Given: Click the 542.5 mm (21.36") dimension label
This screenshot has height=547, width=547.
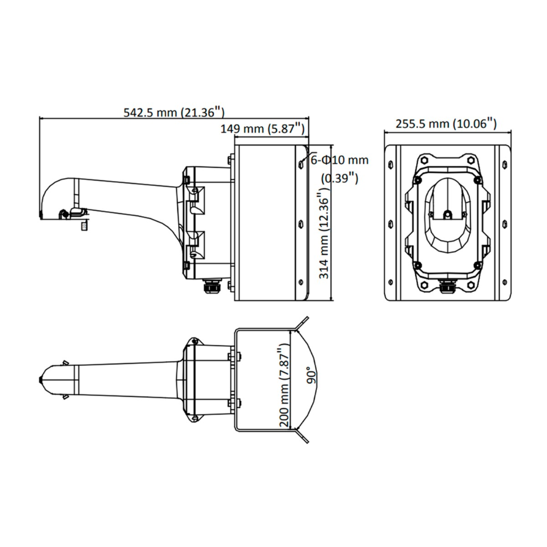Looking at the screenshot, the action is pos(174,113).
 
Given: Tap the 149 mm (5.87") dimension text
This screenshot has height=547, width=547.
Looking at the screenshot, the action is pos(263,129).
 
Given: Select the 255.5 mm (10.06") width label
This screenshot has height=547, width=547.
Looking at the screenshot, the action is pos(446,124).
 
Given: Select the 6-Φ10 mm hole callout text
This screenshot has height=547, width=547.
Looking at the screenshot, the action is pos(340,160).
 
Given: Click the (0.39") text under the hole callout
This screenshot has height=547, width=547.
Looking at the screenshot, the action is pos(340,179).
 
